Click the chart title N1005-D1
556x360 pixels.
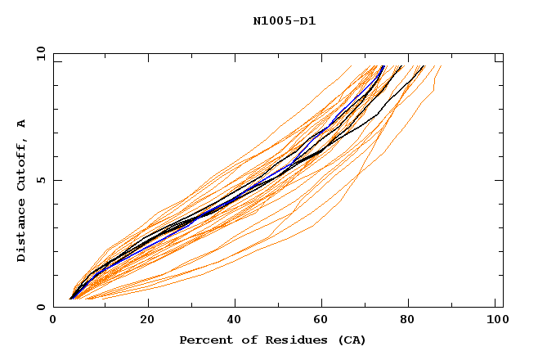pyautogui.click(x=285, y=21)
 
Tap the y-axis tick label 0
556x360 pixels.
pyautogui.click(x=41, y=307)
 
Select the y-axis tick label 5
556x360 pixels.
pyautogui.click(x=41, y=180)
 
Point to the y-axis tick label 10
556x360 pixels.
pyautogui.click(x=38, y=54)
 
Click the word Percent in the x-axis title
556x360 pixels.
pyautogui.click(x=203, y=340)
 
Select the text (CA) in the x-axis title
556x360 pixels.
pyautogui.click(x=352, y=340)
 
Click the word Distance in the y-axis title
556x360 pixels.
pyautogui.click(x=22, y=234)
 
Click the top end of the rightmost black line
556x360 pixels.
pyautogui.click(x=424, y=66)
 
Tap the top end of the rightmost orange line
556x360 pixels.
pyautogui.click(x=441, y=66)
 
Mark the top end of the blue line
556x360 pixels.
pyautogui.click(x=383, y=66)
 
